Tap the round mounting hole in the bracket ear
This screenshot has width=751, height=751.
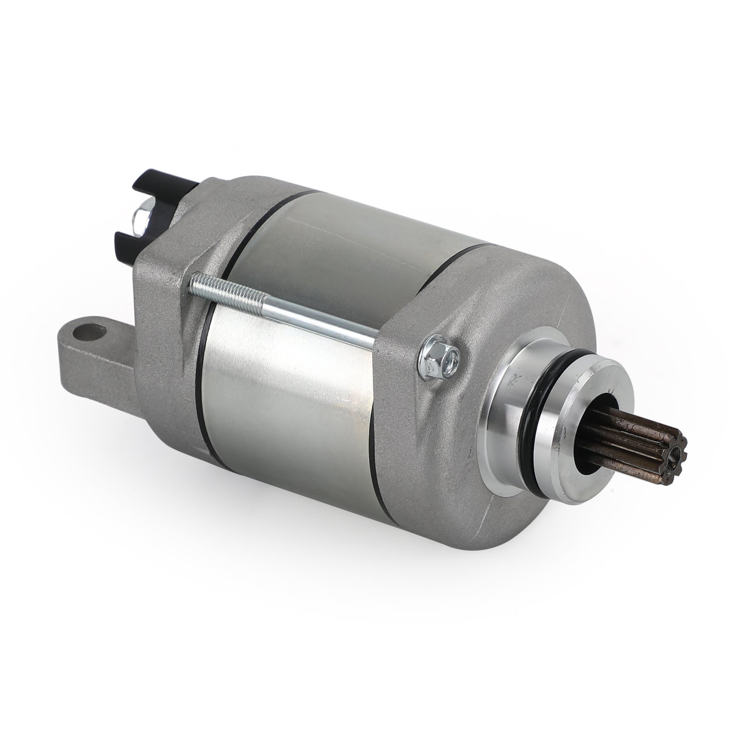click(x=85, y=335)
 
